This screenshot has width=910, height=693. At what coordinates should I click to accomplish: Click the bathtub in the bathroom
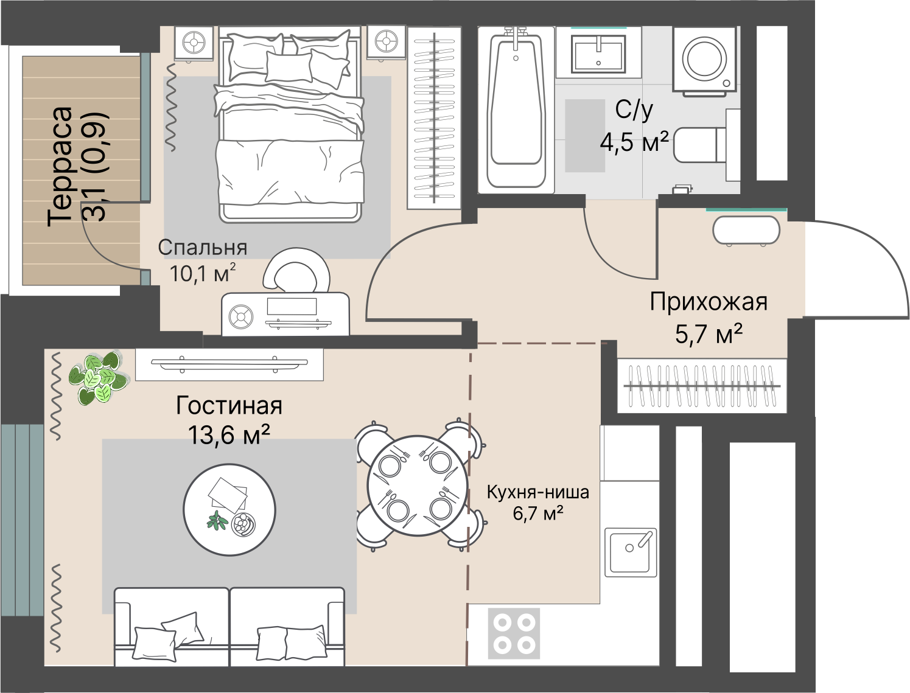pyautogui.click(x=516, y=110)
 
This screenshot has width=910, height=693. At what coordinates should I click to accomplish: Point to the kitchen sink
pyautogui.click(x=631, y=552)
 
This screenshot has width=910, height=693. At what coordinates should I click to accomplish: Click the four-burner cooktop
pyautogui.click(x=514, y=633)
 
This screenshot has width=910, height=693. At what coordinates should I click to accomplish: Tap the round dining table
pyautogui.click(x=418, y=485)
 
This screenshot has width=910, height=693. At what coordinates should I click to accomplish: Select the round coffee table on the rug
pyautogui.click(x=229, y=509)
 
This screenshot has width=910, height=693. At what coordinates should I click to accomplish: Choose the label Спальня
pyautogui.click(x=202, y=248)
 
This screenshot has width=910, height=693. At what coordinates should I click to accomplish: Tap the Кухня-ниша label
pyautogui.click(x=537, y=492)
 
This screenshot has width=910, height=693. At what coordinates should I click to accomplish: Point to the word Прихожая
pyautogui.click(x=708, y=302)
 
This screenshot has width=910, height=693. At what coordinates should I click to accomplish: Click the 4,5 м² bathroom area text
pyautogui.click(x=634, y=142)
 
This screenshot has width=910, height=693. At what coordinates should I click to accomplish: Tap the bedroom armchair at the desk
pyautogui.click(x=296, y=270)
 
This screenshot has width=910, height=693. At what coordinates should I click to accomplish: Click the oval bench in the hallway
pyautogui.click(x=746, y=231)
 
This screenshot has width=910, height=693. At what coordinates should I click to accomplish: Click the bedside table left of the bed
pyautogui.click(x=194, y=43)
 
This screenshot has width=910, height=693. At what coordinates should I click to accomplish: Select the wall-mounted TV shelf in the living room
pyautogui.click(x=229, y=364)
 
